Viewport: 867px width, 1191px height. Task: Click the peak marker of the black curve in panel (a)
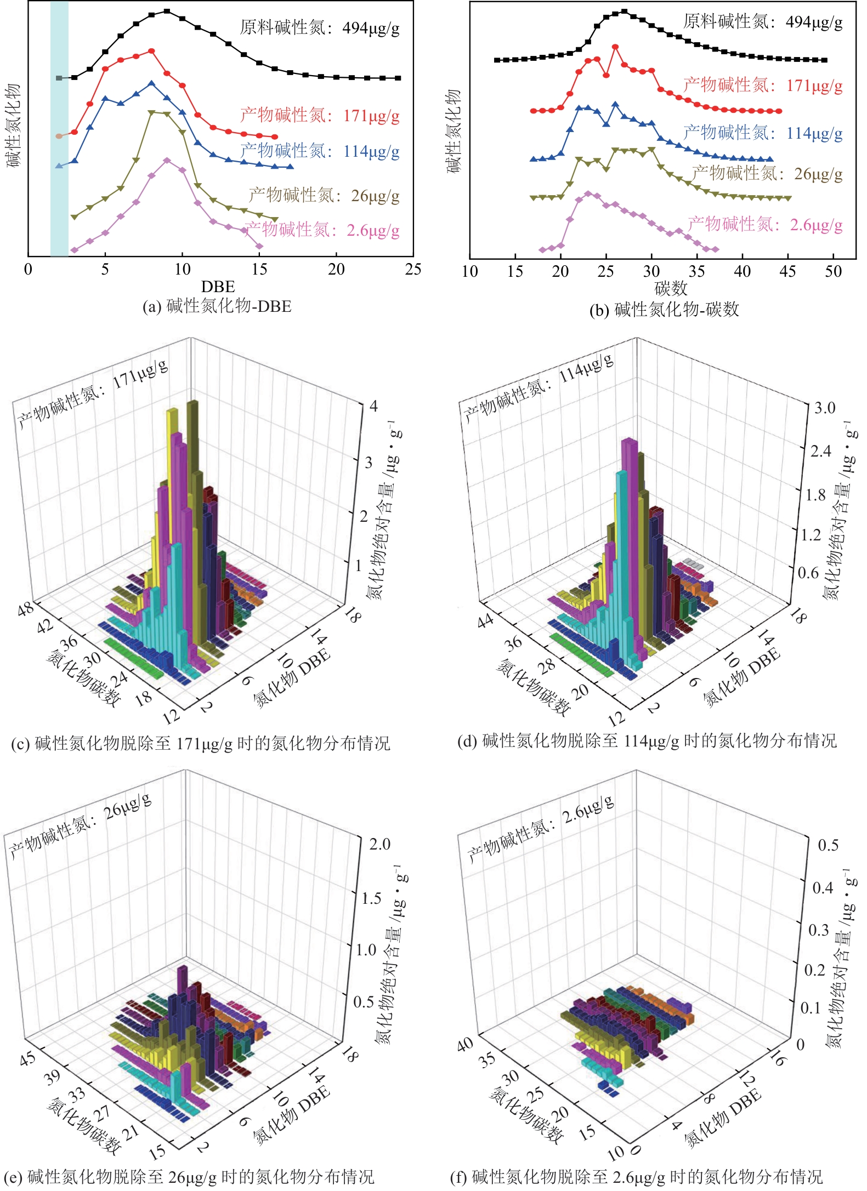(x=167, y=11)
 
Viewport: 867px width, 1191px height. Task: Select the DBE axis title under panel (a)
(x=218, y=287)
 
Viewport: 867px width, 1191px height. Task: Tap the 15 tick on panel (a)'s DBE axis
(x=259, y=269)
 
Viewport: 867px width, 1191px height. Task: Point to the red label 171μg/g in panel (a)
(x=320, y=116)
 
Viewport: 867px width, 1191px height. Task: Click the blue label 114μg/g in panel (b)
(x=762, y=133)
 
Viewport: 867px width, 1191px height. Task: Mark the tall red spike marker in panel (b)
(x=615, y=47)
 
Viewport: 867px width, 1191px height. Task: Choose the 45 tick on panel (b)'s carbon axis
(x=787, y=271)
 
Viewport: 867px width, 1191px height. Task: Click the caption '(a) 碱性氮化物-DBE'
(x=217, y=306)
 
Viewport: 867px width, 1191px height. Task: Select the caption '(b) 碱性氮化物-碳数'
(x=664, y=310)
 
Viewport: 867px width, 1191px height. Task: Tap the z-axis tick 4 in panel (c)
(x=373, y=406)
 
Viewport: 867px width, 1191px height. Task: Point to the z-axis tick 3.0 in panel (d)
(x=824, y=408)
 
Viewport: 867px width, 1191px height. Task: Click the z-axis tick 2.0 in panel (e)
(x=379, y=844)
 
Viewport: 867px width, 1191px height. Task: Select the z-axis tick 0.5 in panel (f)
(x=828, y=845)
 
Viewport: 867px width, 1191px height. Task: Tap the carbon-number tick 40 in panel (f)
(x=465, y=1044)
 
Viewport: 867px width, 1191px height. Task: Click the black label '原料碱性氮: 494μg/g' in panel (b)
(x=762, y=22)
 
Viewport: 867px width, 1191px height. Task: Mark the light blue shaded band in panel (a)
(x=59, y=129)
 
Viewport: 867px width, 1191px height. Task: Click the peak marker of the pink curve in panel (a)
(x=167, y=160)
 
